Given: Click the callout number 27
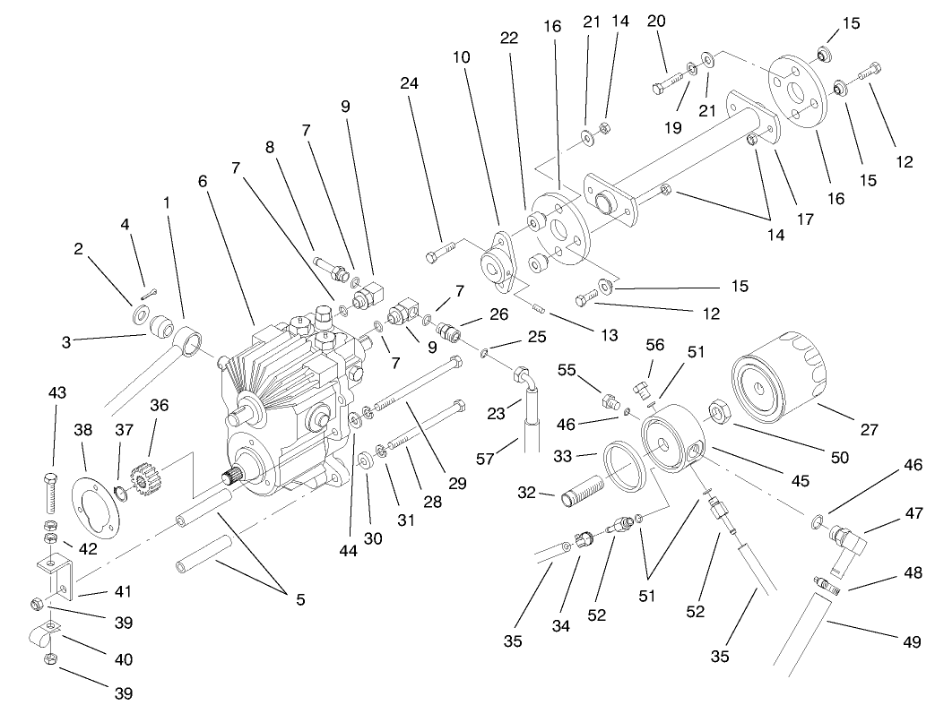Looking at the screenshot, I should click(869, 429).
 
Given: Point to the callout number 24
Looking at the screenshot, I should click(410, 84).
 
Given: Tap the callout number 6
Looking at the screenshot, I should click(203, 181).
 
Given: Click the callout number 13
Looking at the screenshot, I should click(610, 335).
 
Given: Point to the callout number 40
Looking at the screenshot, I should click(124, 659).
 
